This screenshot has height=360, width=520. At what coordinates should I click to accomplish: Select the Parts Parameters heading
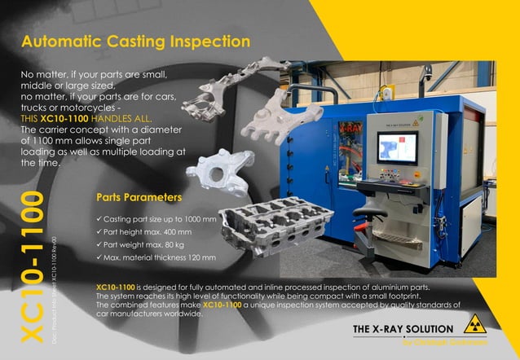[x=139, y=196]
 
